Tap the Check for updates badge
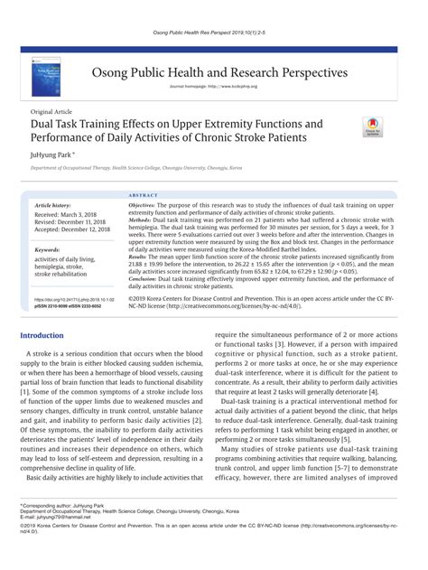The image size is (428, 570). pos(372,126)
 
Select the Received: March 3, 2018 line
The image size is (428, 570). pos(63,214)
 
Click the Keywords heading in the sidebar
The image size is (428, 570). pos(47,248)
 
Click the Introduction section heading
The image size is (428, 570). pos(42,335)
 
